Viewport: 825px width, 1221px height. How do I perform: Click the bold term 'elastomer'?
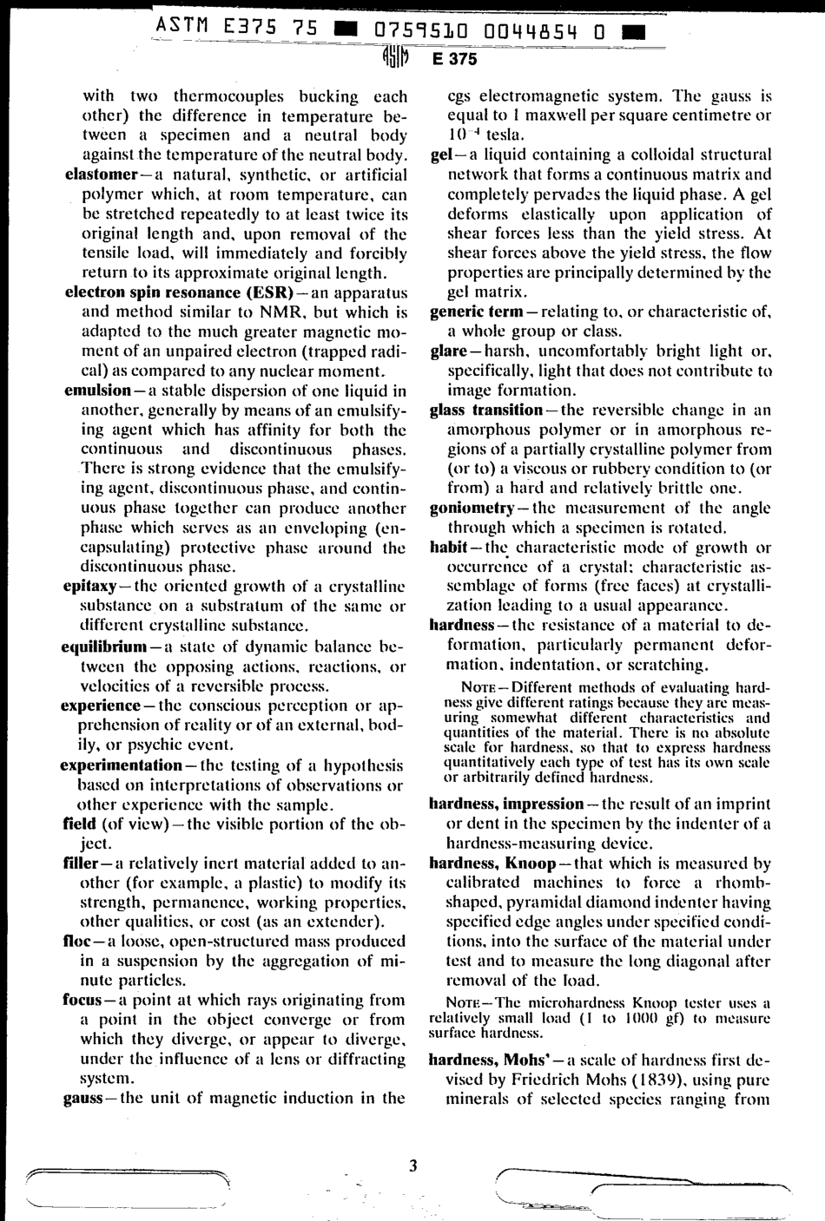point(97,174)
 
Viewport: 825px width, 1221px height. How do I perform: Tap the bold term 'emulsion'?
point(95,390)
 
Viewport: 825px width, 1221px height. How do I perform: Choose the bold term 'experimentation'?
point(121,766)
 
